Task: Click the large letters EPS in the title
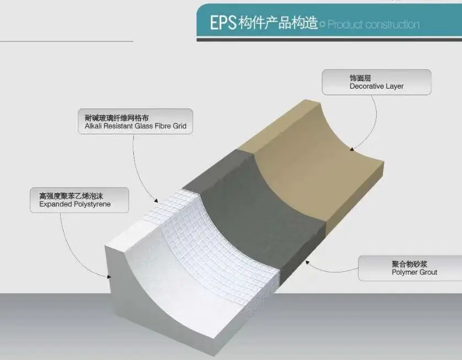222,23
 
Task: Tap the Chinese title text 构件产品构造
278,24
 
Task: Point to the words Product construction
374,25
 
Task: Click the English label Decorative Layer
376,86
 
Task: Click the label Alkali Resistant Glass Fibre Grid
132,126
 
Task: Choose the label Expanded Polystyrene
75,204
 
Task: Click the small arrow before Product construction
323,24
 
